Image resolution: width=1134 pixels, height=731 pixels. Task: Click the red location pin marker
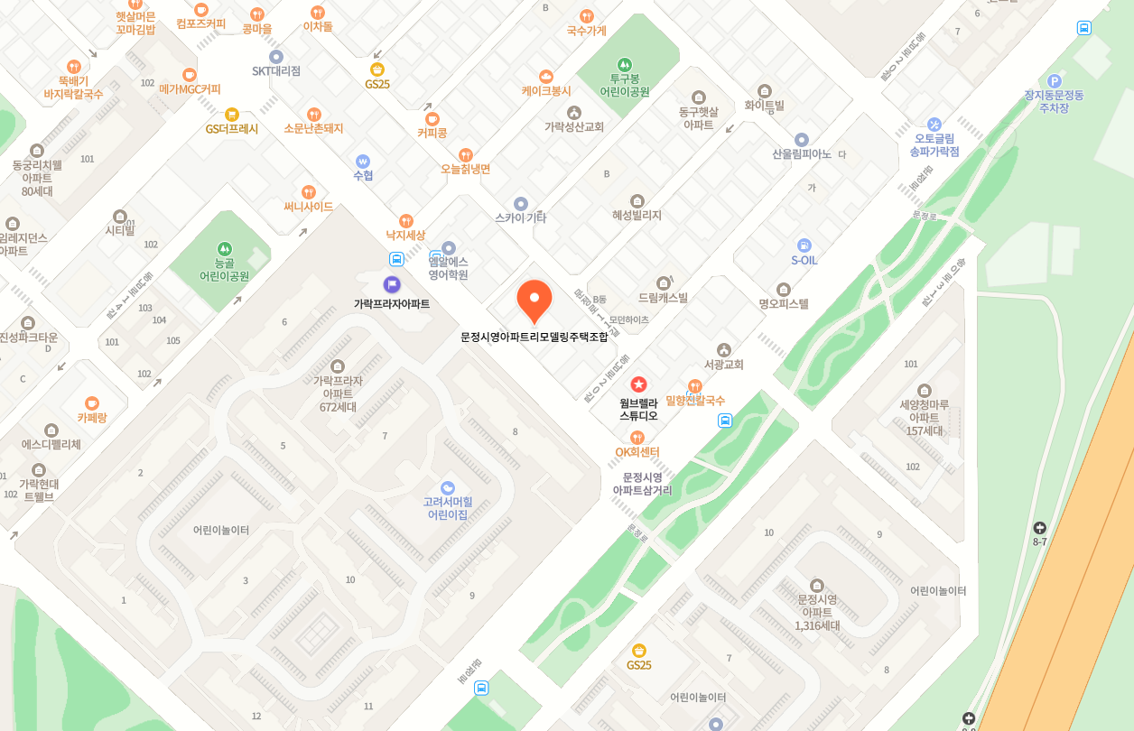pyautogui.click(x=534, y=301)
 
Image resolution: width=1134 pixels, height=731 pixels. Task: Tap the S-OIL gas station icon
pyautogui.click(x=804, y=245)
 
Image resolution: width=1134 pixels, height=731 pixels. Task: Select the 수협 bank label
pyautogui.click(x=363, y=176)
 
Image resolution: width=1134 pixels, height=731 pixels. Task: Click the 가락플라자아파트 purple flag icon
pyautogui.click(x=392, y=284)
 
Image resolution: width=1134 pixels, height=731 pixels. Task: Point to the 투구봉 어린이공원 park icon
pyautogui.click(x=625, y=65)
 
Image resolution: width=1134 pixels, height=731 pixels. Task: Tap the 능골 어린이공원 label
pyautogui.click(x=224, y=269)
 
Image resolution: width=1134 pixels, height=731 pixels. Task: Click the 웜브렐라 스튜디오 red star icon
pyautogui.click(x=638, y=384)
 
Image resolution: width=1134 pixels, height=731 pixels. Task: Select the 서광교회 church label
pyautogui.click(x=724, y=365)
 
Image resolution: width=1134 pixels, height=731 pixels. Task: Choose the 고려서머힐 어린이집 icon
pyautogui.click(x=448, y=488)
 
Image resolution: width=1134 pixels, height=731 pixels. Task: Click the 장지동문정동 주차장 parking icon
pyautogui.click(x=1054, y=81)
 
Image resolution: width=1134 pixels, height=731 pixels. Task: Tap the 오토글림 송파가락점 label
pyautogui.click(x=934, y=144)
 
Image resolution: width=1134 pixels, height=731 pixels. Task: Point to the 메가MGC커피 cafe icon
pyautogui.click(x=190, y=75)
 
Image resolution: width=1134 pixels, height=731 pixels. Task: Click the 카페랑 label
pyautogui.click(x=92, y=418)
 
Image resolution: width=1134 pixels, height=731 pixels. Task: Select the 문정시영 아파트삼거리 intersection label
pyautogui.click(x=642, y=484)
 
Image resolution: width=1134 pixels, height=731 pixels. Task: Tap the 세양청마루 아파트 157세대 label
pyautogui.click(x=925, y=418)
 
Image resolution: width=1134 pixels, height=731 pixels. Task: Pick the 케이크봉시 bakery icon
pyautogui.click(x=545, y=77)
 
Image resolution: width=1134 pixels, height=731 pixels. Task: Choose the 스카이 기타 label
pyautogui.click(x=520, y=217)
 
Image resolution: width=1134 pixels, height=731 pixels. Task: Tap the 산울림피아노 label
pyautogui.click(x=802, y=153)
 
